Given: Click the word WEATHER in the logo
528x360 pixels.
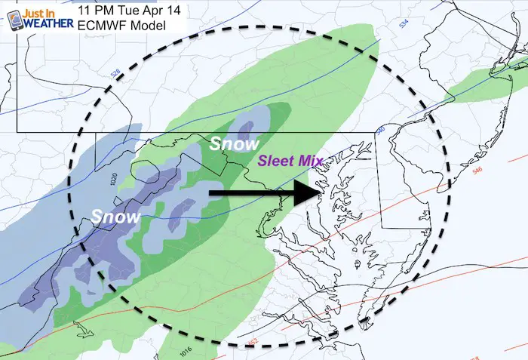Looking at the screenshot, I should [x=48, y=24].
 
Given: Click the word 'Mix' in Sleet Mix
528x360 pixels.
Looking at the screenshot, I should [x=311, y=160].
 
